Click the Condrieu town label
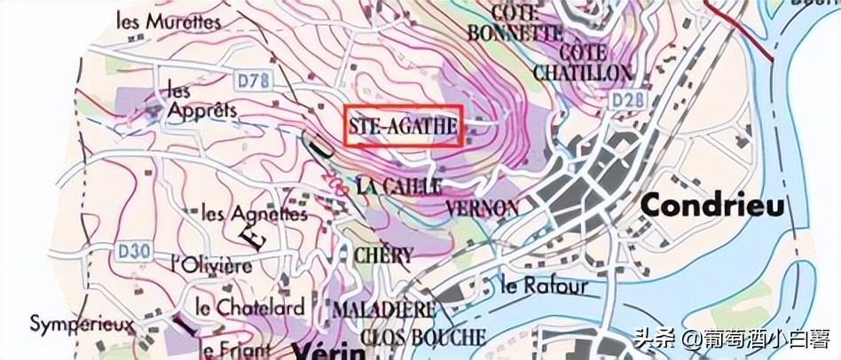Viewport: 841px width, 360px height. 712,206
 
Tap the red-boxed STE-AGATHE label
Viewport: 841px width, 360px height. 403,128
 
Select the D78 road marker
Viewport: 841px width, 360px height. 252,81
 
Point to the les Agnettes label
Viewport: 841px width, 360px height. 255,214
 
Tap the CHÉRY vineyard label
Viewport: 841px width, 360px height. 383,255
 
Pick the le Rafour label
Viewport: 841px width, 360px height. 544,286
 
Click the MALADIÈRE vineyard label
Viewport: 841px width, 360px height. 384,310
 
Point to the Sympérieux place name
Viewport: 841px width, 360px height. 82,325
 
